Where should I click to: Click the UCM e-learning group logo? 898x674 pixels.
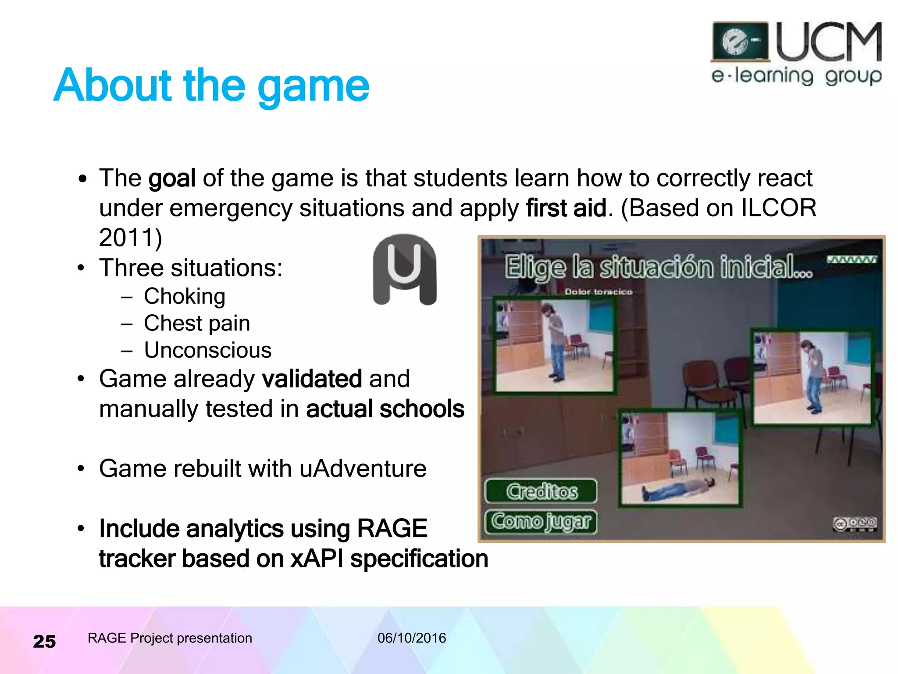[x=796, y=54]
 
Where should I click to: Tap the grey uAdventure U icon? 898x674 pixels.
[x=404, y=269]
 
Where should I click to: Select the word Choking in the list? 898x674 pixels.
[x=185, y=296]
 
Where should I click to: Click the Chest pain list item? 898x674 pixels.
[x=197, y=323]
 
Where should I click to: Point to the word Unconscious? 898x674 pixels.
[x=208, y=350]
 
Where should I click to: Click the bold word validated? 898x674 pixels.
[x=312, y=379]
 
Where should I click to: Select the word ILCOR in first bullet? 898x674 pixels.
[x=778, y=208]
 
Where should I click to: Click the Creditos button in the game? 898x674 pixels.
[x=542, y=491]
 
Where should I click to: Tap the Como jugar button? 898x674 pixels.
[x=542, y=521]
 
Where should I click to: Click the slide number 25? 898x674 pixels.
[x=44, y=641]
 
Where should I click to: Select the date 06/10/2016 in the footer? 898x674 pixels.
[x=412, y=638]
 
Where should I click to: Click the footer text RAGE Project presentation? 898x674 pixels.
[x=170, y=638]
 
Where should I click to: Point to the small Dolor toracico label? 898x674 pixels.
[x=598, y=292]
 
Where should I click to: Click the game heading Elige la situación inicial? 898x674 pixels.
[x=658, y=268]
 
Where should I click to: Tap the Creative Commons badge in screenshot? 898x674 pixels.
[x=855, y=523]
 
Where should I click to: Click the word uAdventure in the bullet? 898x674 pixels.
[x=363, y=469]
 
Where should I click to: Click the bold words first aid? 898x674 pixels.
[x=566, y=208]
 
